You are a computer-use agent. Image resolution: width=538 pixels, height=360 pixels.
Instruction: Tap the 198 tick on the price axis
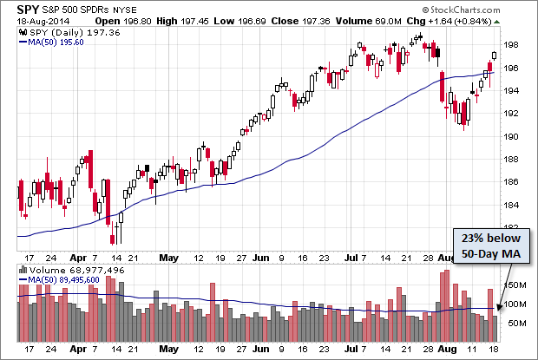tap(512, 46)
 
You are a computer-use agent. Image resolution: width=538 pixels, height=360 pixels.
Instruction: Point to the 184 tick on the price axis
tap(512, 205)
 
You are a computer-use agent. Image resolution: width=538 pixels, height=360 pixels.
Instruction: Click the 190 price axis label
tap(512, 137)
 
